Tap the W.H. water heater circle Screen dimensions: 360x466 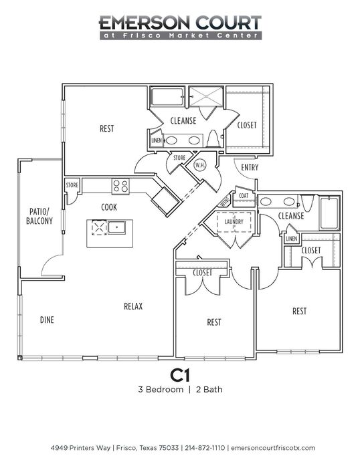coord(200,166)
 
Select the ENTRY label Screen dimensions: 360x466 coord(250,167)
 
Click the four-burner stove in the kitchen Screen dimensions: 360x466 coord(120,187)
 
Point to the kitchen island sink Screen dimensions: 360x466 coord(116,227)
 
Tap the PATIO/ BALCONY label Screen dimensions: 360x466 coord(39,216)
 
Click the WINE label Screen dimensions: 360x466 coord(225,201)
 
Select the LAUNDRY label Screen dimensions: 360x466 coord(234,222)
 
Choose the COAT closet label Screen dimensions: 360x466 coord(244,195)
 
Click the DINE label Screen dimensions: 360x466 coord(47,320)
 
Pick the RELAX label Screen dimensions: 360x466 coord(133,306)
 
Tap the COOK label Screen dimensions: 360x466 coord(109,207)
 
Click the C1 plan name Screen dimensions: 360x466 coord(180,375)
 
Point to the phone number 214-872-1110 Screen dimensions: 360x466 coord(205,447)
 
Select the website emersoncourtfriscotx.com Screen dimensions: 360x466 coord(273,448)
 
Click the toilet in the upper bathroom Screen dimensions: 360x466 coord(213,138)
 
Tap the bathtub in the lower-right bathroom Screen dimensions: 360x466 coord(329,213)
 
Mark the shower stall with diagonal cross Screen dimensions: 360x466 coord(206,96)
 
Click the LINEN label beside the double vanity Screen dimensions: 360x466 coord(157,140)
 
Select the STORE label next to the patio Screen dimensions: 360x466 coord(72,185)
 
